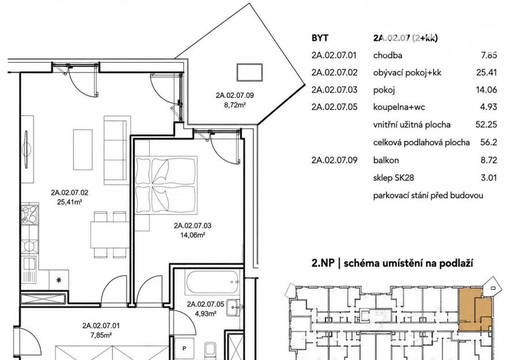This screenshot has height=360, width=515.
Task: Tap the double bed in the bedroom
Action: click(x=166, y=185)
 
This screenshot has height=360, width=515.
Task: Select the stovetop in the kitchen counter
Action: click(x=30, y=214)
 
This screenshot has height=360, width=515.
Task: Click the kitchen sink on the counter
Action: click(x=30, y=270)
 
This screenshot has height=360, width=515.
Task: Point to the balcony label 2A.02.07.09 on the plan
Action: click(x=234, y=96)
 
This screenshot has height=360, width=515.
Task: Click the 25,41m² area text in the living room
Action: click(x=69, y=202)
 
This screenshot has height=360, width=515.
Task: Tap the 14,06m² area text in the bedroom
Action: click(x=193, y=235)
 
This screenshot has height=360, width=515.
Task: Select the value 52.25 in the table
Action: click(x=486, y=124)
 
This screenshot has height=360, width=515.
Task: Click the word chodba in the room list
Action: click(x=388, y=55)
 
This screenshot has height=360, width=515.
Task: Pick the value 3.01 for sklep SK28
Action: click(x=489, y=178)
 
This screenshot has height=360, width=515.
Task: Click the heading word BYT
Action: click(x=320, y=38)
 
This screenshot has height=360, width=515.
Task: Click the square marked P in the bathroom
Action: click(x=184, y=348)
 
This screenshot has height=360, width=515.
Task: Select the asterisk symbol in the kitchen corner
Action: click(x=59, y=280)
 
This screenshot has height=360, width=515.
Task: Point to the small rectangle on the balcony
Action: click(x=249, y=73)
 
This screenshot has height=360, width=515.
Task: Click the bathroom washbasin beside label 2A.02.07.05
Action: click(x=234, y=308)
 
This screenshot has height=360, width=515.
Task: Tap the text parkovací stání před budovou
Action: click(x=428, y=195)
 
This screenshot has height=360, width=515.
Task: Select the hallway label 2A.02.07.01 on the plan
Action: click(x=101, y=326)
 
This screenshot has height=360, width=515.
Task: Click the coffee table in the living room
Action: click(x=83, y=149)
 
